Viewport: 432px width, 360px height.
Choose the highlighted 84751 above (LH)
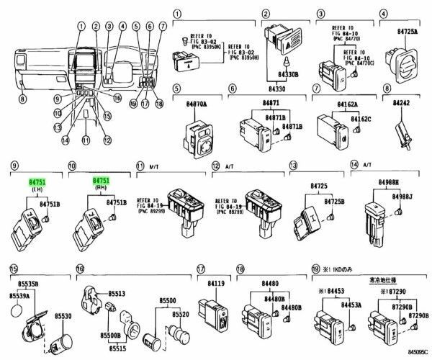36,184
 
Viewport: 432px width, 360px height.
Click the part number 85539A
21,295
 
